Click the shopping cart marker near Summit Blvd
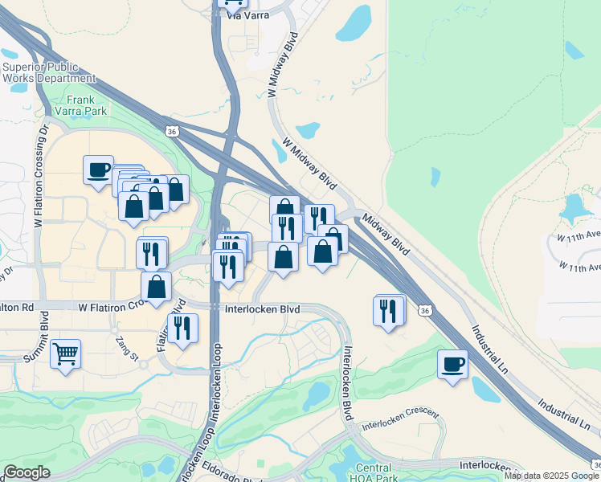coord(65,353)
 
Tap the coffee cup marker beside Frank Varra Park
coord(98,170)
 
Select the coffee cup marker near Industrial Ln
coord(452,364)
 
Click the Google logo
coord(27,472)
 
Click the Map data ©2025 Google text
coord(552,476)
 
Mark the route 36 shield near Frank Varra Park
coord(171,131)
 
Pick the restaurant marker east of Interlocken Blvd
coord(389,309)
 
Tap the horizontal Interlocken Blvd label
coord(262,308)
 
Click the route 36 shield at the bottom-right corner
coord(595,465)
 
